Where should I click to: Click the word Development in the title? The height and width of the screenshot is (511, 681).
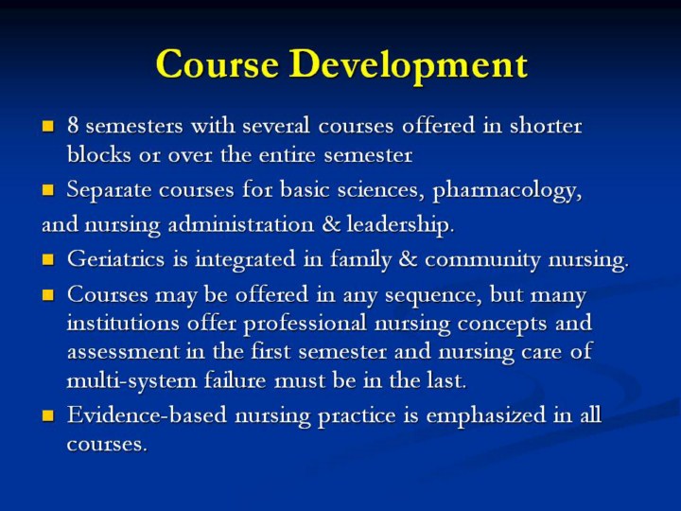[x=409, y=65]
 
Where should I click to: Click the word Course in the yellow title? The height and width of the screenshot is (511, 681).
[x=218, y=64]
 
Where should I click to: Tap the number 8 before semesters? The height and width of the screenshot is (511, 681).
[x=73, y=126]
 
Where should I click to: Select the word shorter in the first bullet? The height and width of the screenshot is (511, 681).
[x=546, y=125]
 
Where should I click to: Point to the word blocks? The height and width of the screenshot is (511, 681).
[x=98, y=154]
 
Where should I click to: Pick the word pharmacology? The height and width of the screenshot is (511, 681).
[x=507, y=191]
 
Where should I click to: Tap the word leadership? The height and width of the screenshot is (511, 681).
[x=400, y=224]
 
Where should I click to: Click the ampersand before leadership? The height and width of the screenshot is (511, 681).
[x=331, y=224]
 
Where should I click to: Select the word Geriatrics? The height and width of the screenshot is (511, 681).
[x=116, y=259]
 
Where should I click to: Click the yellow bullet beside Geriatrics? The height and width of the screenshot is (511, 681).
[x=48, y=260]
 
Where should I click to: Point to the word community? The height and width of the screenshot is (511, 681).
[x=482, y=260]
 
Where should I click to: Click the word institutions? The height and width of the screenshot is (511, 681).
[x=123, y=323]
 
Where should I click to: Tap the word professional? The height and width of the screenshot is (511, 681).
[x=305, y=324]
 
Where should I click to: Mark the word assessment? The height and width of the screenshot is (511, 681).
[x=123, y=352]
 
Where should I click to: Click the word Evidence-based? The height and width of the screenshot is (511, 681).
[x=147, y=414]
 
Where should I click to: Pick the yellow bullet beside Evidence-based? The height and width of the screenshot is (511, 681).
[x=48, y=415]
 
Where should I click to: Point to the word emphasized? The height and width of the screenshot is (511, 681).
[x=485, y=415]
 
